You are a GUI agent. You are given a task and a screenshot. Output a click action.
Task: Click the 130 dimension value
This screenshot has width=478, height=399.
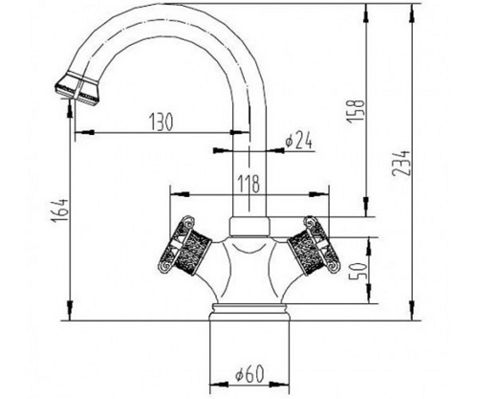pyautogui.click(x=162, y=122)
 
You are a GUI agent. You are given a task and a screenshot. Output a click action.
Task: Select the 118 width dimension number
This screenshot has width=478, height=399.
pyautogui.click(x=249, y=184)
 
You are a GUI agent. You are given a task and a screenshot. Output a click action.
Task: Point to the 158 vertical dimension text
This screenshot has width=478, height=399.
pyautogui.click(x=356, y=110)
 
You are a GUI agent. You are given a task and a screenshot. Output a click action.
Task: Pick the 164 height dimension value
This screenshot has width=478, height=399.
pyautogui.click(x=59, y=211)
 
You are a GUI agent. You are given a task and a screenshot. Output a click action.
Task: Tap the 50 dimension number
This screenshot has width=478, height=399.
pyautogui.click(x=357, y=271)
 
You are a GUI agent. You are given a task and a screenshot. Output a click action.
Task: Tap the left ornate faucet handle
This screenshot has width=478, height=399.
pyautogui.click(x=185, y=245)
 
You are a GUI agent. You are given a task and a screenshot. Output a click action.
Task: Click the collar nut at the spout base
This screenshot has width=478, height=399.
pyautogui.click(x=250, y=227)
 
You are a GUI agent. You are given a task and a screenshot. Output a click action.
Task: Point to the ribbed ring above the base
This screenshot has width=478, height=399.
pyautogui.click(x=250, y=308)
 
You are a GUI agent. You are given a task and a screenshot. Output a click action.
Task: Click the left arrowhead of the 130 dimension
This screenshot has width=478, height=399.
pyautogui.click(x=84, y=132)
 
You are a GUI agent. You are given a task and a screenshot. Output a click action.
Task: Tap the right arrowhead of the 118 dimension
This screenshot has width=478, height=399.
pyautogui.click(x=319, y=194)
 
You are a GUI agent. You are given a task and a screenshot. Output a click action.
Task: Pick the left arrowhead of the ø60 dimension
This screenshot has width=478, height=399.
pyautogui.click(x=219, y=385)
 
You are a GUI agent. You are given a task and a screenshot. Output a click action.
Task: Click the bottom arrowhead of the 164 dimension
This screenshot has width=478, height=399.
pyautogui.click(x=70, y=311)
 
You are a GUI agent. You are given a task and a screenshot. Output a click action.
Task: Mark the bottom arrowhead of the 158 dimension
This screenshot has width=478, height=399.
pyautogui.click(x=366, y=208)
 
